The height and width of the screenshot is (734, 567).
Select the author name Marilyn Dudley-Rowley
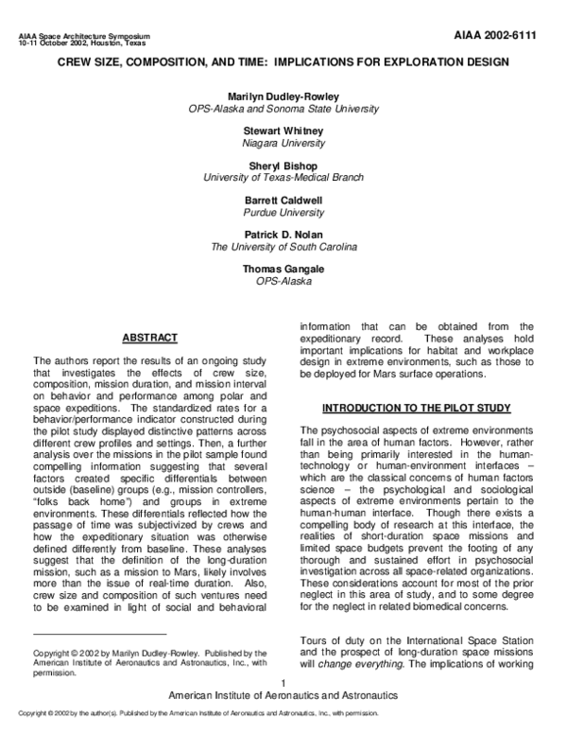tap(283, 97)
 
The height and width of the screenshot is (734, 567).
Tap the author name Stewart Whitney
tap(283, 131)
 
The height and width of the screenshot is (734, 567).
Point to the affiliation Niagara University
tap(283, 143)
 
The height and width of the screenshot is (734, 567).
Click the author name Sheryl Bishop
tap(283, 166)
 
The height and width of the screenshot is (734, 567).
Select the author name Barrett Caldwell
tap(283, 201)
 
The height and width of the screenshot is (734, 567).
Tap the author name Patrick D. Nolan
tap(283, 235)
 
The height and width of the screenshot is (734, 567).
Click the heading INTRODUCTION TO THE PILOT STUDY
tap(417, 408)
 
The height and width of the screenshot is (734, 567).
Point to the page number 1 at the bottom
tap(283, 683)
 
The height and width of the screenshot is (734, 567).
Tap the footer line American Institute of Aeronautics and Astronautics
tap(283, 694)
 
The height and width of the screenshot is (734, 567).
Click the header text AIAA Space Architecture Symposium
tap(84, 35)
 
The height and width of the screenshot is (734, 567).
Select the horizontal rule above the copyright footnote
tap(99, 634)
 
